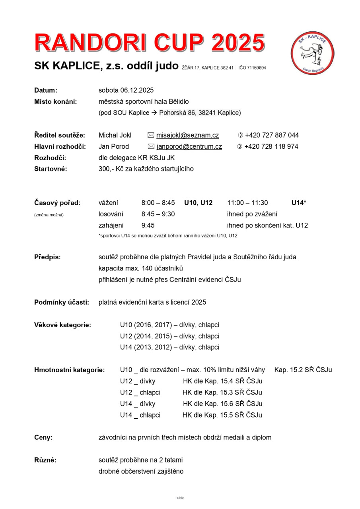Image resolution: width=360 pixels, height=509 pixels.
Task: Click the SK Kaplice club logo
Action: point(313,53)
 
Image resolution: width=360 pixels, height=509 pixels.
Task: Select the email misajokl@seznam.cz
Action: point(187,135)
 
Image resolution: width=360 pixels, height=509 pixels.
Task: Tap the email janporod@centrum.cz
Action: point(189,146)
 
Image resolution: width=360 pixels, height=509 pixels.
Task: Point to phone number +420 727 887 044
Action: point(272,135)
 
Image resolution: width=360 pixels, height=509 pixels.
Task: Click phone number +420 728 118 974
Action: point(271,146)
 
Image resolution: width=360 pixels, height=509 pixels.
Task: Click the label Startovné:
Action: point(51,169)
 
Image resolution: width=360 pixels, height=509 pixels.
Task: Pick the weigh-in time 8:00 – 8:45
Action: point(158,203)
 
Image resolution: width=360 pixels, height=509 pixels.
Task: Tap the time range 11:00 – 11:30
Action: point(247,203)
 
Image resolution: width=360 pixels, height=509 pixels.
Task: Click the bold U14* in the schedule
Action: point(299,203)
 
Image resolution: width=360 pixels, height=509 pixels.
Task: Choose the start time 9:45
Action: point(148,225)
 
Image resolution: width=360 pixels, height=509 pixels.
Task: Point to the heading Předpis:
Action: point(47,257)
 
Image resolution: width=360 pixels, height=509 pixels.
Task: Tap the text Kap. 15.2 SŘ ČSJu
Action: point(303,370)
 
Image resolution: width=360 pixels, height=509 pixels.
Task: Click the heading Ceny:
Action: point(43,437)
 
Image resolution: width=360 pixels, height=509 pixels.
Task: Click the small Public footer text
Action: point(180,498)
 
